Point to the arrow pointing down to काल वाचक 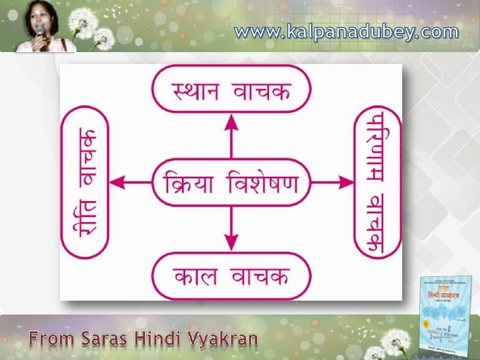point(230,227)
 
